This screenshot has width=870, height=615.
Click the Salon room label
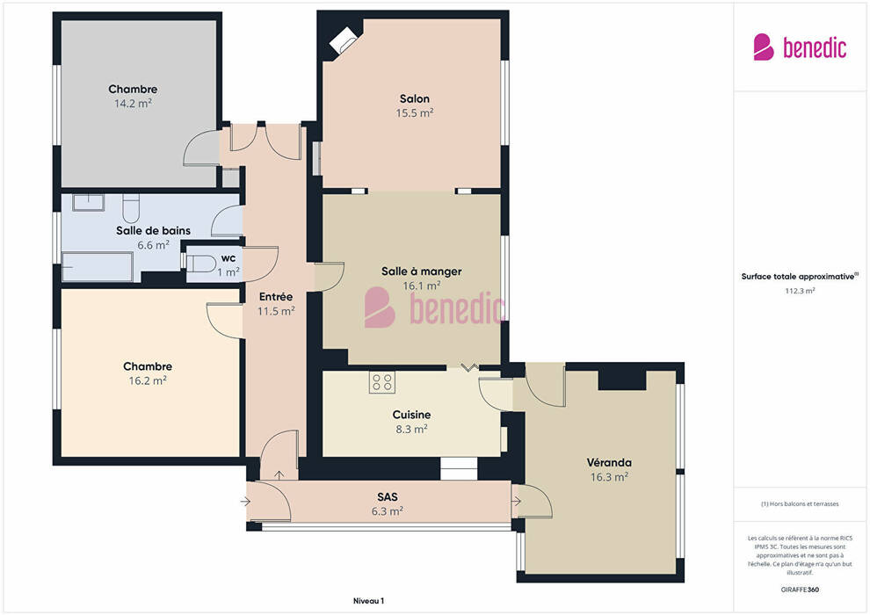[x=415, y=98]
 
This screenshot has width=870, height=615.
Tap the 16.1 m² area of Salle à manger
[x=422, y=286]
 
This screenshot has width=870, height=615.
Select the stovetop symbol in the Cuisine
[x=382, y=382]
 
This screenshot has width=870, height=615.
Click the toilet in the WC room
[x=202, y=264]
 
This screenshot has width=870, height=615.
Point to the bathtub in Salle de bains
[x=97, y=267]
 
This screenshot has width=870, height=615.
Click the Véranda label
[x=609, y=462]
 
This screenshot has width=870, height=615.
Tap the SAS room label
[x=388, y=497]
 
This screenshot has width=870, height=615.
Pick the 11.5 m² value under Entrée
[x=276, y=311]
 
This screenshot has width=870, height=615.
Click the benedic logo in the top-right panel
[x=800, y=47]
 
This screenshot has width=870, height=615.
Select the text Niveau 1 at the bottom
[x=368, y=601]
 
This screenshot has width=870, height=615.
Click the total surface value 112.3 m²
[x=800, y=291]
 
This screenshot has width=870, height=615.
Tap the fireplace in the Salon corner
[x=344, y=40]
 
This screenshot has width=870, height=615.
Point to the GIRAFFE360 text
[x=800, y=590]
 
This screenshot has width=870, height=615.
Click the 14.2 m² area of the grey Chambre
[x=133, y=103]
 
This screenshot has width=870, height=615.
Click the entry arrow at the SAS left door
[x=245, y=502]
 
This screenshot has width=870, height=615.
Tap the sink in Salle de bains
[x=88, y=202]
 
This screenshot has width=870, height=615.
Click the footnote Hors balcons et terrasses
[x=800, y=504]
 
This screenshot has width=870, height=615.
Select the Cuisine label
[x=411, y=415]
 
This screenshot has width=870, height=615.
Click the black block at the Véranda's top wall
[x=622, y=380]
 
